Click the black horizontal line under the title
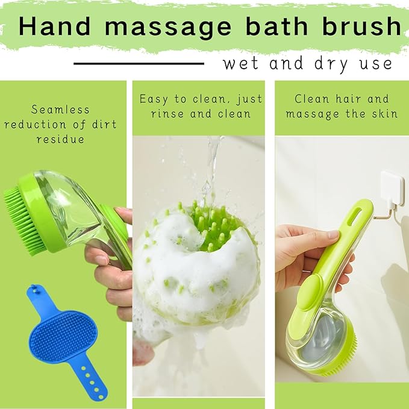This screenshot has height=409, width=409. click(x=139, y=63)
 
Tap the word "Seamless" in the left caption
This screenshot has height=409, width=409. click(x=60, y=110)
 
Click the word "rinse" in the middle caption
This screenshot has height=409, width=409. click(x=170, y=113)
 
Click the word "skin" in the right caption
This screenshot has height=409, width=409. click(x=384, y=113)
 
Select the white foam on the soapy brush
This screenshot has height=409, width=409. click(x=181, y=271)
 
